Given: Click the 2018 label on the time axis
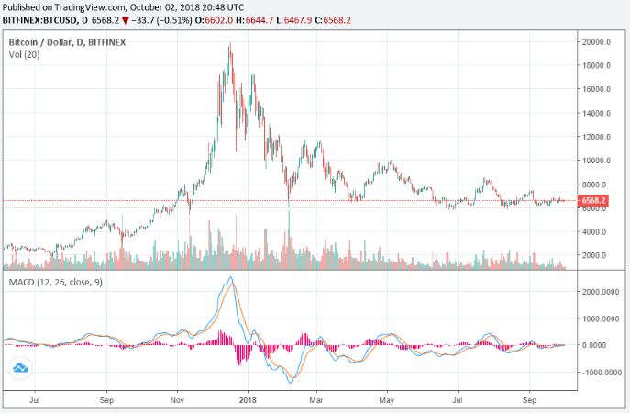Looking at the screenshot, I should pos(247,401).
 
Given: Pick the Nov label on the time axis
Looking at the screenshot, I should pos(179,401).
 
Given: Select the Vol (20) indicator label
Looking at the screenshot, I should pos(24,55).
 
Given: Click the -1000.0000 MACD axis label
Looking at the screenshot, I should pos(599,373).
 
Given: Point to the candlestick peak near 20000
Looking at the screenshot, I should pos(229,44).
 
